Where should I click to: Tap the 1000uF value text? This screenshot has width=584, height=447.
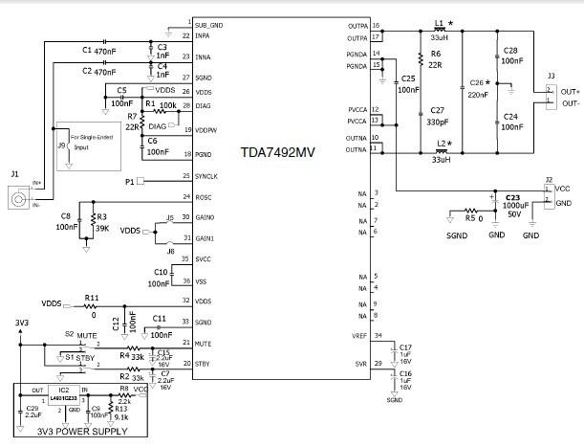513,206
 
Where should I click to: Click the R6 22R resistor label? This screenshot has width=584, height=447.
436,54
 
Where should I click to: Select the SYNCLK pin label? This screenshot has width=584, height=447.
209,176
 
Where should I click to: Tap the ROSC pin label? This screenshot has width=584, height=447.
205,197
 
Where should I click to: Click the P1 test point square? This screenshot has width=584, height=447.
141,180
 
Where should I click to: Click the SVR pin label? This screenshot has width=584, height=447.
358,364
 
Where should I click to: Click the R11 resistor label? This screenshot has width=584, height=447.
92,297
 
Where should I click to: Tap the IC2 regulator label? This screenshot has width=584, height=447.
63,391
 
